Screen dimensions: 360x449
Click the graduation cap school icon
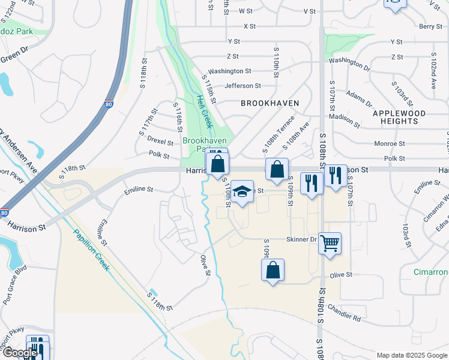pyautogui.click(x=242, y=191)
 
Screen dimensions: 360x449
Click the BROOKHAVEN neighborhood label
pyautogui.click(x=270, y=103)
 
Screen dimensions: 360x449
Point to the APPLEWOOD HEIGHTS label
pyautogui.click(x=399, y=117)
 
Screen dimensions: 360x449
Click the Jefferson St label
pyautogui.click(x=243, y=86)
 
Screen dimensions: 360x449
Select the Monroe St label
pyautogui.click(x=390, y=144)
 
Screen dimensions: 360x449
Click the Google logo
pyautogui.click(x=20, y=353)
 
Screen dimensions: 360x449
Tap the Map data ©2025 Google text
pyautogui.click(x=411, y=355)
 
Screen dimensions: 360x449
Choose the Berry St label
pyautogui.click(x=430, y=26)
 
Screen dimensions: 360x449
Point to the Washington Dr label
pyautogui.click(x=349, y=62)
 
